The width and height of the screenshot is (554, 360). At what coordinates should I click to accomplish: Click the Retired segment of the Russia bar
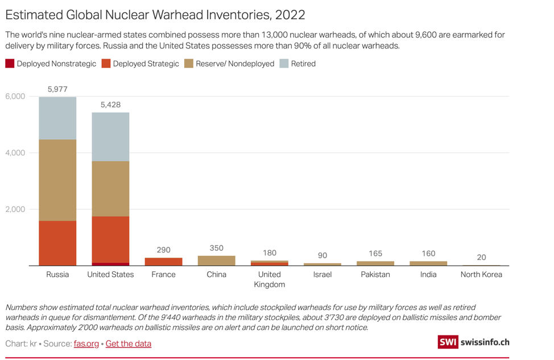coord(57,118)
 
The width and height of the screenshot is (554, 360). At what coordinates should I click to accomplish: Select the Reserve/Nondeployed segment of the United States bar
coord(110,189)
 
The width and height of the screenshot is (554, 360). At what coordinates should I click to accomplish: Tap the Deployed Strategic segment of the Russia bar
coord(57,243)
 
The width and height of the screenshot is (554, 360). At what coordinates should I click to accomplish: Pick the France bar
coord(163,262)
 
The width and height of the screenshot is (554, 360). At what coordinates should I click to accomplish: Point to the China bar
coord(216,260)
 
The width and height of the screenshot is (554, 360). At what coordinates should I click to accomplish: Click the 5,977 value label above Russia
coord(57,89)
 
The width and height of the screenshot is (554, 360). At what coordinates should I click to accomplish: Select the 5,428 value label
coord(110,105)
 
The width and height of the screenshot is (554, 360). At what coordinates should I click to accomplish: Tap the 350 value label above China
coord(216,248)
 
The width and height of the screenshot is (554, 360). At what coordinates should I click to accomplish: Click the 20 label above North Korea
coord(481,257)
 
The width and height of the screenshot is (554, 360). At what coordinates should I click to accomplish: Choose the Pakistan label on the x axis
coord(375,275)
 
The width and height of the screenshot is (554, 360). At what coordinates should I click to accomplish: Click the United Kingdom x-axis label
coord(269,279)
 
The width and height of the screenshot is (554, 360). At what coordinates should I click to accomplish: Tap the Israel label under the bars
coord(322,275)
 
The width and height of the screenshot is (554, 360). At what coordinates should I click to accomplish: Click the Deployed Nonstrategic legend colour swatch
coord(10,64)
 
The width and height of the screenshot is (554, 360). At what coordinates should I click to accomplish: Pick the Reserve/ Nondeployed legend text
coord(235,64)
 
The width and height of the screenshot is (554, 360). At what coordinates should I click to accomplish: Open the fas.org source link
coord(86,344)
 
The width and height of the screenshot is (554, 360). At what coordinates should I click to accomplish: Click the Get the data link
coord(129,344)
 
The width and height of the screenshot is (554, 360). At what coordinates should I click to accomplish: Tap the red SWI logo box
coord(448,342)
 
